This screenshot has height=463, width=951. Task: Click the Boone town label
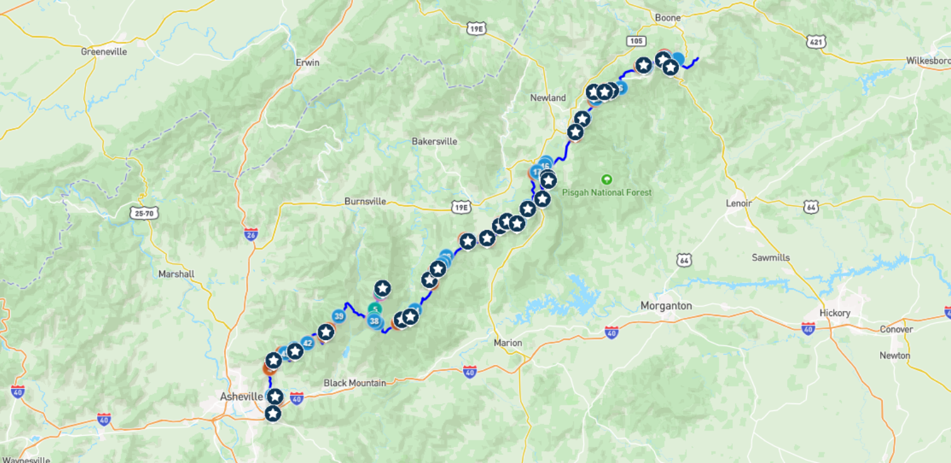click(668, 18)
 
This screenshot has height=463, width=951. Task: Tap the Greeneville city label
click(104, 51)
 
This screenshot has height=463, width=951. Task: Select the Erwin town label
click(308, 63)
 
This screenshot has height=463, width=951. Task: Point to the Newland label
click(548, 98)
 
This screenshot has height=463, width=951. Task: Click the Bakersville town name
click(434, 141)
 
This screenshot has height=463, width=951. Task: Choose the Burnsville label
click(365, 201)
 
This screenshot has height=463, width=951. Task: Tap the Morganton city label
click(666, 306)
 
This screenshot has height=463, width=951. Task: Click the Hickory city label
click(835, 313)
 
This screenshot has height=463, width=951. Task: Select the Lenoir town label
click(738, 203)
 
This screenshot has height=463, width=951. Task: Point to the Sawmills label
click(771, 258)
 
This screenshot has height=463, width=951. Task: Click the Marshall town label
click(177, 274)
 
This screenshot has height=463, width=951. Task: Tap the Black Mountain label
click(354, 383)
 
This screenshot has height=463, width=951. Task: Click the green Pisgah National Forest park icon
click(607, 179)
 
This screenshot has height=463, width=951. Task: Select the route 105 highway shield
click(637, 41)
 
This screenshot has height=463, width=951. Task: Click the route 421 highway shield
click(816, 41)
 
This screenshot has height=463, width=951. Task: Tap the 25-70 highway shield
click(144, 213)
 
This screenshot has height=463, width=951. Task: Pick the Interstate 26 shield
click(251, 234)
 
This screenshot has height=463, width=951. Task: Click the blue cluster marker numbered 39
click(339, 316)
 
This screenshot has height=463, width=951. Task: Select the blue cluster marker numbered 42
click(308, 343)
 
